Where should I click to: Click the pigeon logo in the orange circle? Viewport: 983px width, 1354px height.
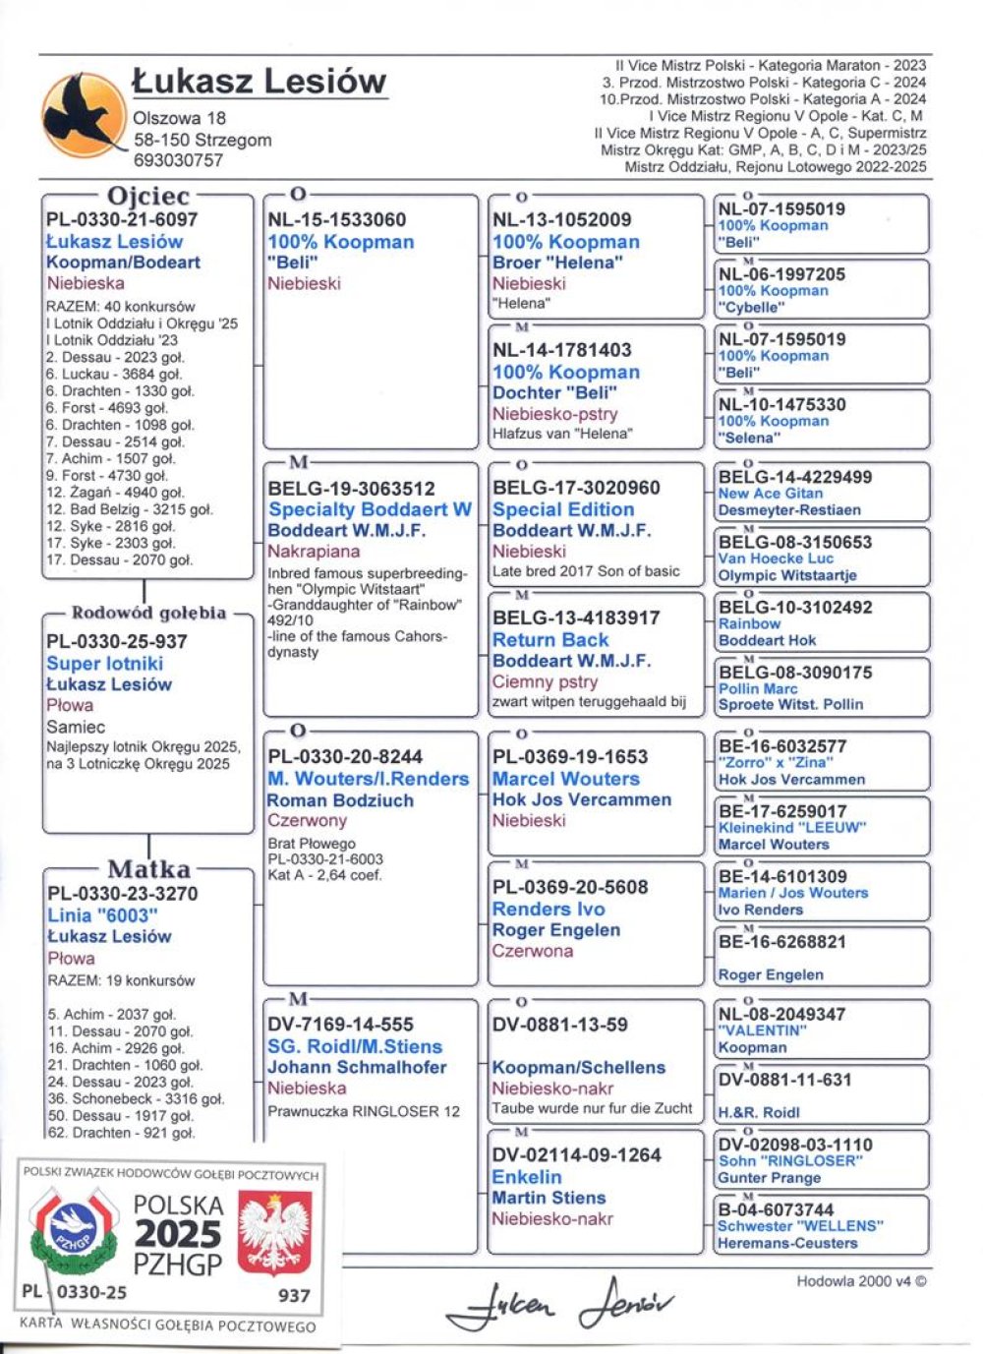tap(83, 117)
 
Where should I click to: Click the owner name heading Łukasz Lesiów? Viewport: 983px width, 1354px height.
tap(260, 81)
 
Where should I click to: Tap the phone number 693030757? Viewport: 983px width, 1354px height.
tap(179, 159)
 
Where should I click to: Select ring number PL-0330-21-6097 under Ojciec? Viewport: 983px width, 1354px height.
tap(122, 220)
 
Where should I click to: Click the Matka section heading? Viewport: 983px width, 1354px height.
tap(148, 869)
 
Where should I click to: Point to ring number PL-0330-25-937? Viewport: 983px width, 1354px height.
tap(117, 641)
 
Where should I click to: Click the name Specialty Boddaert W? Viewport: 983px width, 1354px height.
tap(370, 509)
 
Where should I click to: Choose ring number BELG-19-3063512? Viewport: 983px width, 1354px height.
tap(352, 489)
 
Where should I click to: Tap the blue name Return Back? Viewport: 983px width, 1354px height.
tap(550, 639)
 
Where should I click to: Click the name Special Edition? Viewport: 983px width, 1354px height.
tap(563, 509)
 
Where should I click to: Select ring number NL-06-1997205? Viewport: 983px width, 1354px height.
tap(781, 274)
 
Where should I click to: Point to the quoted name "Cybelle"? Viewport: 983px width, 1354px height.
tap(752, 307)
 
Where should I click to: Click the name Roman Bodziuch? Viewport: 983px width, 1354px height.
tap(340, 800)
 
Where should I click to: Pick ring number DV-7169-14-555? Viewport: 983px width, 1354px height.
tap(340, 1025)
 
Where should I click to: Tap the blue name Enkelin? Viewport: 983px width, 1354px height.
tap(527, 1177)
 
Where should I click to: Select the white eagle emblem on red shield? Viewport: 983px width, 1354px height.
tap(275, 1233)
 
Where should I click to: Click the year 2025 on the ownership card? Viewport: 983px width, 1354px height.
tap(179, 1234)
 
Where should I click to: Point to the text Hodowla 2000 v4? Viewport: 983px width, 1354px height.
tap(861, 1281)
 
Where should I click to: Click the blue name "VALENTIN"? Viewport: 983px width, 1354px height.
tap(762, 1030)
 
